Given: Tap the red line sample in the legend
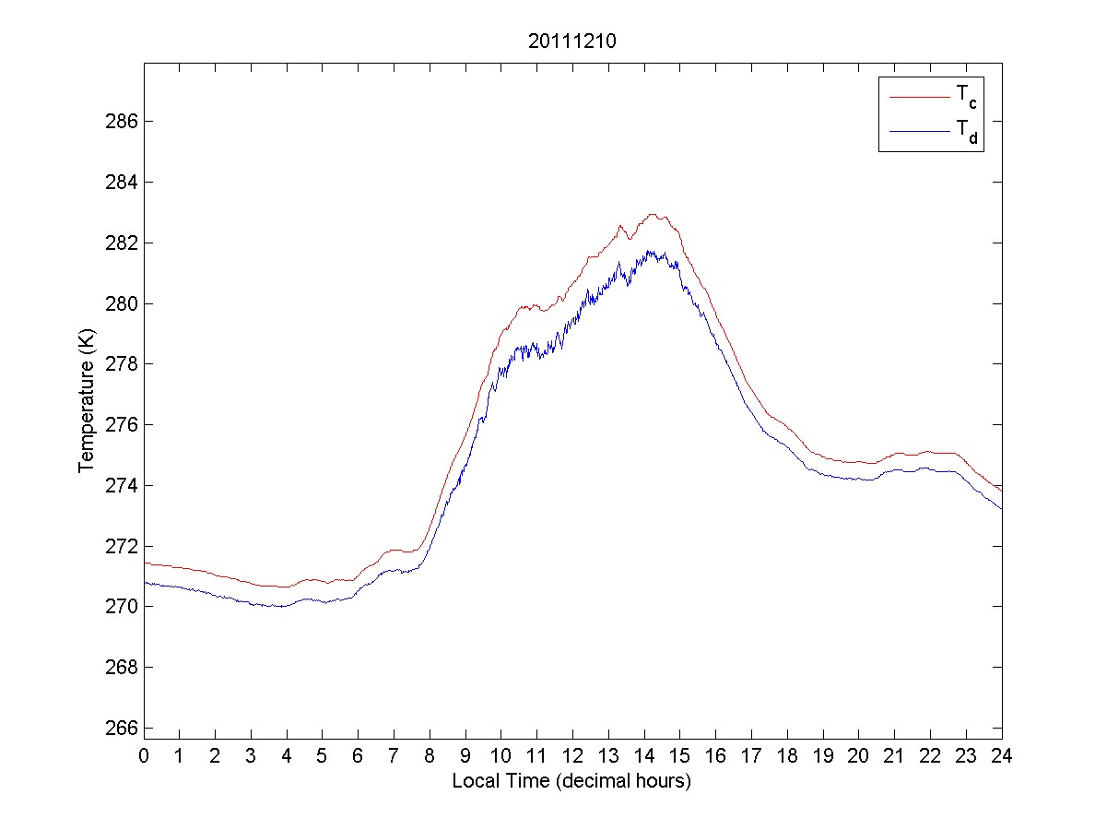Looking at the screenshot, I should (x=918, y=96).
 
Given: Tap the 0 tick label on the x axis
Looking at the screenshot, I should (x=144, y=755).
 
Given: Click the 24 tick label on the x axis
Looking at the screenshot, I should (x=1002, y=755).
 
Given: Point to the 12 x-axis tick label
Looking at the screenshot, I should (x=572, y=755).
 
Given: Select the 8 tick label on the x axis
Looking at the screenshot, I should (x=430, y=755).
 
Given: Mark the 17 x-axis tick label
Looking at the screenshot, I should (x=751, y=755).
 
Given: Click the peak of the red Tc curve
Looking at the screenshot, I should (x=653, y=214).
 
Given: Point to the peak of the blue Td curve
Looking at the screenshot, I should (x=650, y=251).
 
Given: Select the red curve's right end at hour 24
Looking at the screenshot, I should (x=1001, y=490).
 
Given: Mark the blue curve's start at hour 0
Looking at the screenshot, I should (x=145, y=582).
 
